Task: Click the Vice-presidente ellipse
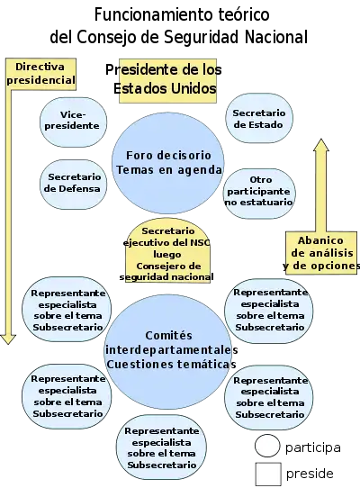click(x=74, y=122)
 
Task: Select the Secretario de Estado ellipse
click(x=259, y=118)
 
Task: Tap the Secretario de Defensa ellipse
click(x=74, y=185)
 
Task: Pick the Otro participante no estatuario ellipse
click(x=259, y=194)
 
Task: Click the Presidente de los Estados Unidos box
click(x=167, y=81)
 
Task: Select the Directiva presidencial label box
click(x=40, y=74)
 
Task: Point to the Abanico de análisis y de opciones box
click(x=321, y=253)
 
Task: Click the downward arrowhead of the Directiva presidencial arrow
click(x=8, y=339)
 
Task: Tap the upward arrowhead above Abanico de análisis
click(x=320, y=145)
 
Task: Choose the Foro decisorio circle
click(x=167, y=163)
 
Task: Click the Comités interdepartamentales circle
click(x=167, y=352)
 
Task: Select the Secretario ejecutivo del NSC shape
click(x=167, y=251)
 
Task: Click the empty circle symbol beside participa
click(x=267, y=446)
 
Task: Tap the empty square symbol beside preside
click(x=268, y=474)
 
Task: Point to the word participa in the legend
click(x=313, y=447)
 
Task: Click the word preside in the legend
click(x=310, y=474)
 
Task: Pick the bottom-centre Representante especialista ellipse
click(x=161, y=447)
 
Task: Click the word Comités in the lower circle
click(x=168, y=336)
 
